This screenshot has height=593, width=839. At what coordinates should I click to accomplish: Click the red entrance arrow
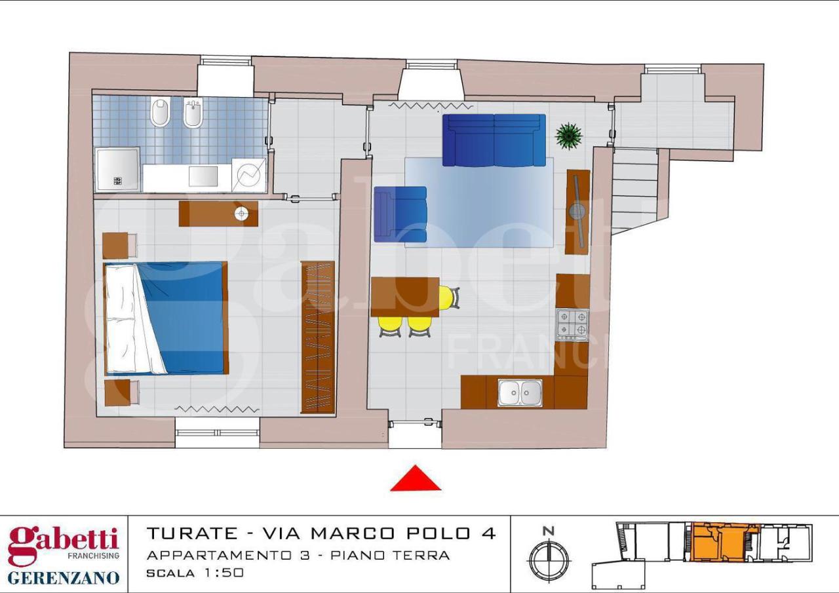coord(415,480)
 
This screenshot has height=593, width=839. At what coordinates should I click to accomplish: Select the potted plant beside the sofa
coord(568,136)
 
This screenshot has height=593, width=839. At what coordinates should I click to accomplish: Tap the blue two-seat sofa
coord(494,140)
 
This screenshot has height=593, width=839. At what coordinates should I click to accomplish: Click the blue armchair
coord(400,214)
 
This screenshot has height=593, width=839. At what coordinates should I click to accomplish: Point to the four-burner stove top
coord(572,324)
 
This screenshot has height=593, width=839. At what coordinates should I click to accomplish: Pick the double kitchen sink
coord(520,392)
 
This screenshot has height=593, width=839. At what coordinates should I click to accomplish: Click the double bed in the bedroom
coord(166,318)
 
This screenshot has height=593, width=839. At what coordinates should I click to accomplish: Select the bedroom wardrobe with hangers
coord(318,337)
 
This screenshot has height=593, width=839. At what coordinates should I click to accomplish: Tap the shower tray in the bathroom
coord(117,169)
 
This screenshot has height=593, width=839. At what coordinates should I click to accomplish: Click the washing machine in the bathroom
coord(249,175)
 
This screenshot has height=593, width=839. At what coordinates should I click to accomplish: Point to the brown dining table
coord(404,297)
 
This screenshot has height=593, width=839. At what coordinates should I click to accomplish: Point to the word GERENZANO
coord(64,577)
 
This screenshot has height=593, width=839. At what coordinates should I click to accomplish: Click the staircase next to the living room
coord(634,190)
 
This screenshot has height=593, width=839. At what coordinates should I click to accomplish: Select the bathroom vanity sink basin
coord(203,176)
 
